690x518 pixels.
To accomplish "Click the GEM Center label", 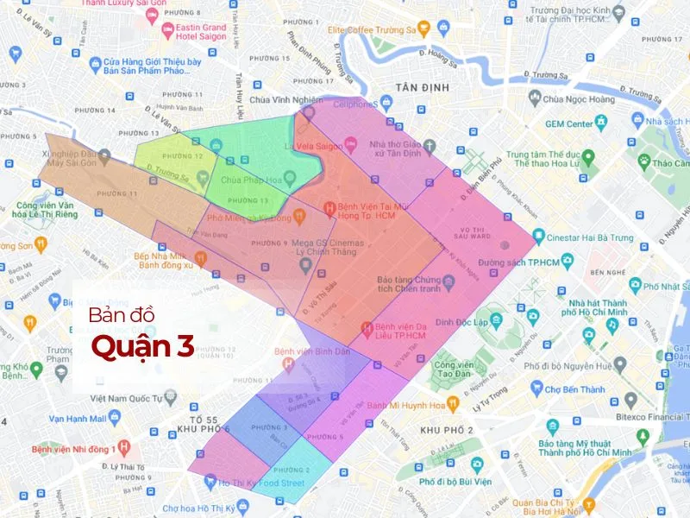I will (568, 123).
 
